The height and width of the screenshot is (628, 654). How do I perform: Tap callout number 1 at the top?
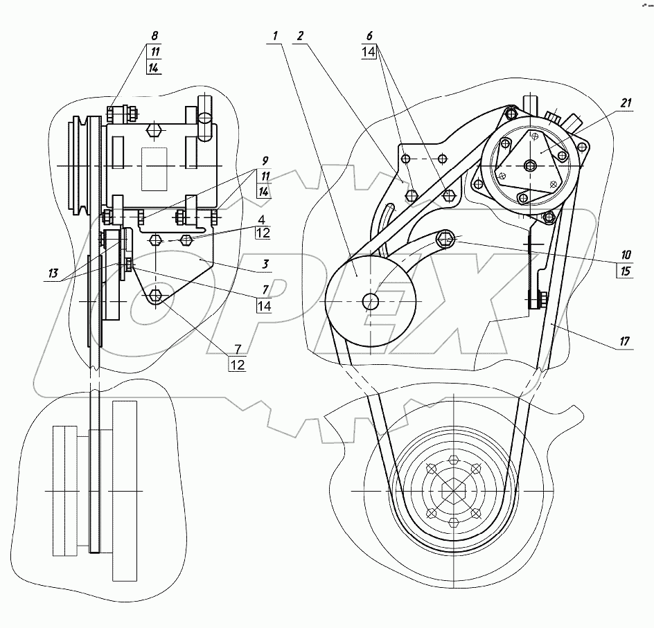276,35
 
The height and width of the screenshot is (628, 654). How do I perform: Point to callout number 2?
299,35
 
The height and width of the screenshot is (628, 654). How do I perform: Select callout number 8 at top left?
154,35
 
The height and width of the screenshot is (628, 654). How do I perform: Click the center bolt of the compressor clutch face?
530,164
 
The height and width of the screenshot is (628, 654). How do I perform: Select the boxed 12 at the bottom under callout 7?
237,364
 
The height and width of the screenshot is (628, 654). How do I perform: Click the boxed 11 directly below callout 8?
154,51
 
